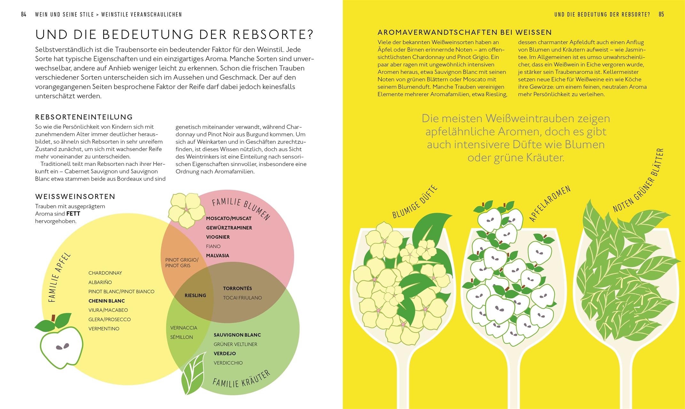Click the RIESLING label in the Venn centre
tap(195, 296)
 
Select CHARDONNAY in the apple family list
tap(105, 273)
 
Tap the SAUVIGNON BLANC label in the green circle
tap(237, 335)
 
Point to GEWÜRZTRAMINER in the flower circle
tap(229, 228)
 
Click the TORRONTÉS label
tap(237, 289)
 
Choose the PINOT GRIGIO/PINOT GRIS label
tap(182, 263)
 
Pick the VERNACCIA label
tap(184, 328)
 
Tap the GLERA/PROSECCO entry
tap(109, 320)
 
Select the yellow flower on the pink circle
tap(186, 210)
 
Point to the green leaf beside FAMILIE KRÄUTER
tap(193, 374)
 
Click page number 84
tap(24, 14)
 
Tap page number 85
tap(661, 14)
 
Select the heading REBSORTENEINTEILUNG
tap(84, 117)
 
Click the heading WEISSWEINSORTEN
tap(75, 197)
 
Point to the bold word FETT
tap(73, 214)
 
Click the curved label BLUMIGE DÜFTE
tap(414, 202)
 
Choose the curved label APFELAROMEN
tap(550, 204)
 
